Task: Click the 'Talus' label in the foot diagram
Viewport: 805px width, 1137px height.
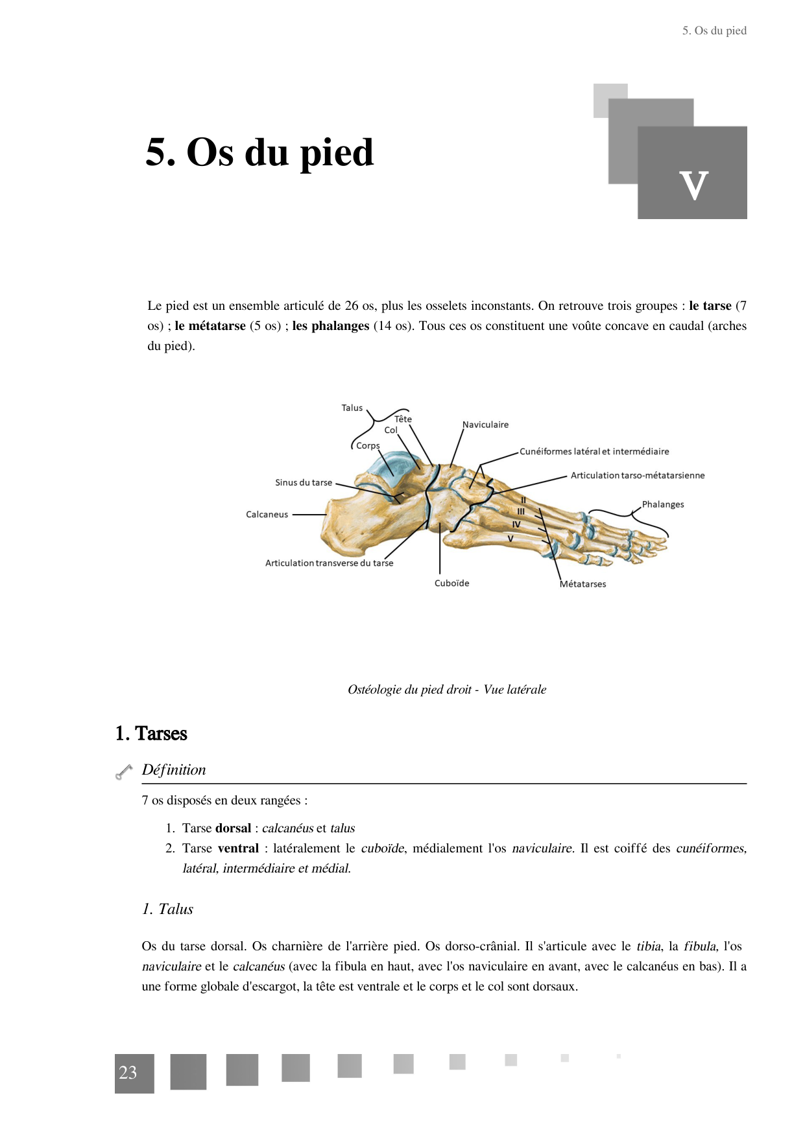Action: click(352, 408)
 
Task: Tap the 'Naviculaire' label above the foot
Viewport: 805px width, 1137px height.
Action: click(485, 425)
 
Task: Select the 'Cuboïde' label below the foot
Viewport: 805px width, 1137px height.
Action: click(451, 583)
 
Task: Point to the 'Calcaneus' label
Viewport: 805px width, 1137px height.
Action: click(267, 515)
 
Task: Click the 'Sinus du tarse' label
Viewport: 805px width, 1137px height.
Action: click(303, 483)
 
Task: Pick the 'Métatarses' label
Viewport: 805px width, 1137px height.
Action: click(583, 584)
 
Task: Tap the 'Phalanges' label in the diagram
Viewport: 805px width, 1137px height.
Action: click(662, 504)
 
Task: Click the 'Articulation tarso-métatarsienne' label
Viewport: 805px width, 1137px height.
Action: click(637, 476)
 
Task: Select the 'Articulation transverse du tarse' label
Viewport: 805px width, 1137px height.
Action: click(329, 563)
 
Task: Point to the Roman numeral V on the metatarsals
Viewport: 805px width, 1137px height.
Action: click(510, 539)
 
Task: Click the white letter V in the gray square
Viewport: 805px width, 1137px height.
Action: click(693, 186)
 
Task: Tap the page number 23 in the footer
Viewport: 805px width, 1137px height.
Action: click(128, 1073)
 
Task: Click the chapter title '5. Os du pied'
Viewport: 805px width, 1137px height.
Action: click(259, 153)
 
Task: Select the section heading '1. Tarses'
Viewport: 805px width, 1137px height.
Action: click(151, 734)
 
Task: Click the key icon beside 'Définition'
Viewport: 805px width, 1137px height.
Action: click(123, 771)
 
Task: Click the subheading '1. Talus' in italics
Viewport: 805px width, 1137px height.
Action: click(167, 909)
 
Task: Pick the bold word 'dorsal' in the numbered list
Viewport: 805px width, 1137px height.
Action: click(233, 828)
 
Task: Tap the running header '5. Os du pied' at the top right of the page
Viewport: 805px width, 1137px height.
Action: click(714, 30)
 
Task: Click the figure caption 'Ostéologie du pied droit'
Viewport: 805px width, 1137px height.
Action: click(446, 690)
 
